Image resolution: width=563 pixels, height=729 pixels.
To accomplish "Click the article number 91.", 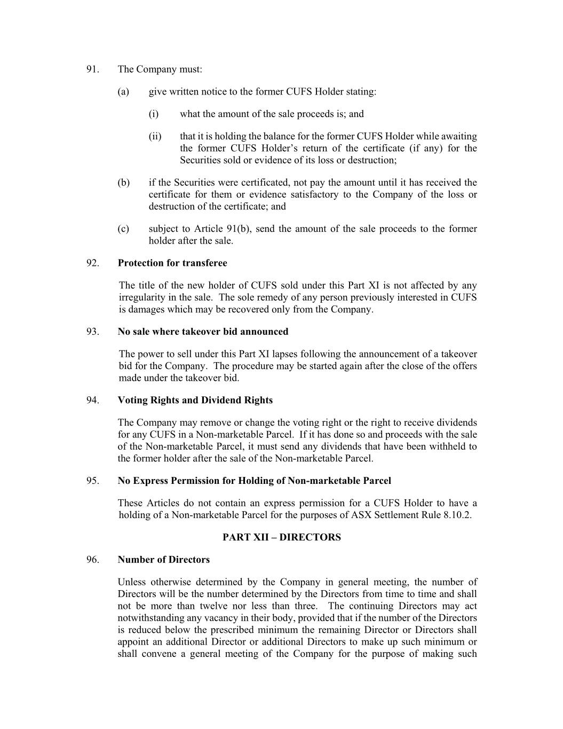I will (93, 69).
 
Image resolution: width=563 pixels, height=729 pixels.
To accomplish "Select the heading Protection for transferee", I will (172, 263).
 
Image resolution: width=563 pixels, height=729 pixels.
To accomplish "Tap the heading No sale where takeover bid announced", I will (203, 332).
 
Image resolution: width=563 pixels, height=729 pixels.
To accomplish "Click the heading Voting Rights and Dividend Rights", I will (195, 400).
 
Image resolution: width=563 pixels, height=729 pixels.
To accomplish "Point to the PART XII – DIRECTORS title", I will (281, 537).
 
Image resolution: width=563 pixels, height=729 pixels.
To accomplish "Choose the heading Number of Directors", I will (163, 560).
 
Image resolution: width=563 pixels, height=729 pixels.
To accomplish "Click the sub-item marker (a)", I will (123, 92).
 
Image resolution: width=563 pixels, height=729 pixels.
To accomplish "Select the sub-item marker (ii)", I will (155, 137).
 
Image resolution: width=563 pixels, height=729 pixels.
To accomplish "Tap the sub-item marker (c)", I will (123, 229).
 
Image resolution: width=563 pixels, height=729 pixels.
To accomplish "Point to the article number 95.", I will (93, 481).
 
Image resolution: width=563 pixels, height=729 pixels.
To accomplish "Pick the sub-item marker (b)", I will (123, 183).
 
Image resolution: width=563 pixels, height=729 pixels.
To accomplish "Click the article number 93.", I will (93, 332).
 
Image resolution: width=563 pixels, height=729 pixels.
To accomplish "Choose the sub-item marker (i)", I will (154, 114).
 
